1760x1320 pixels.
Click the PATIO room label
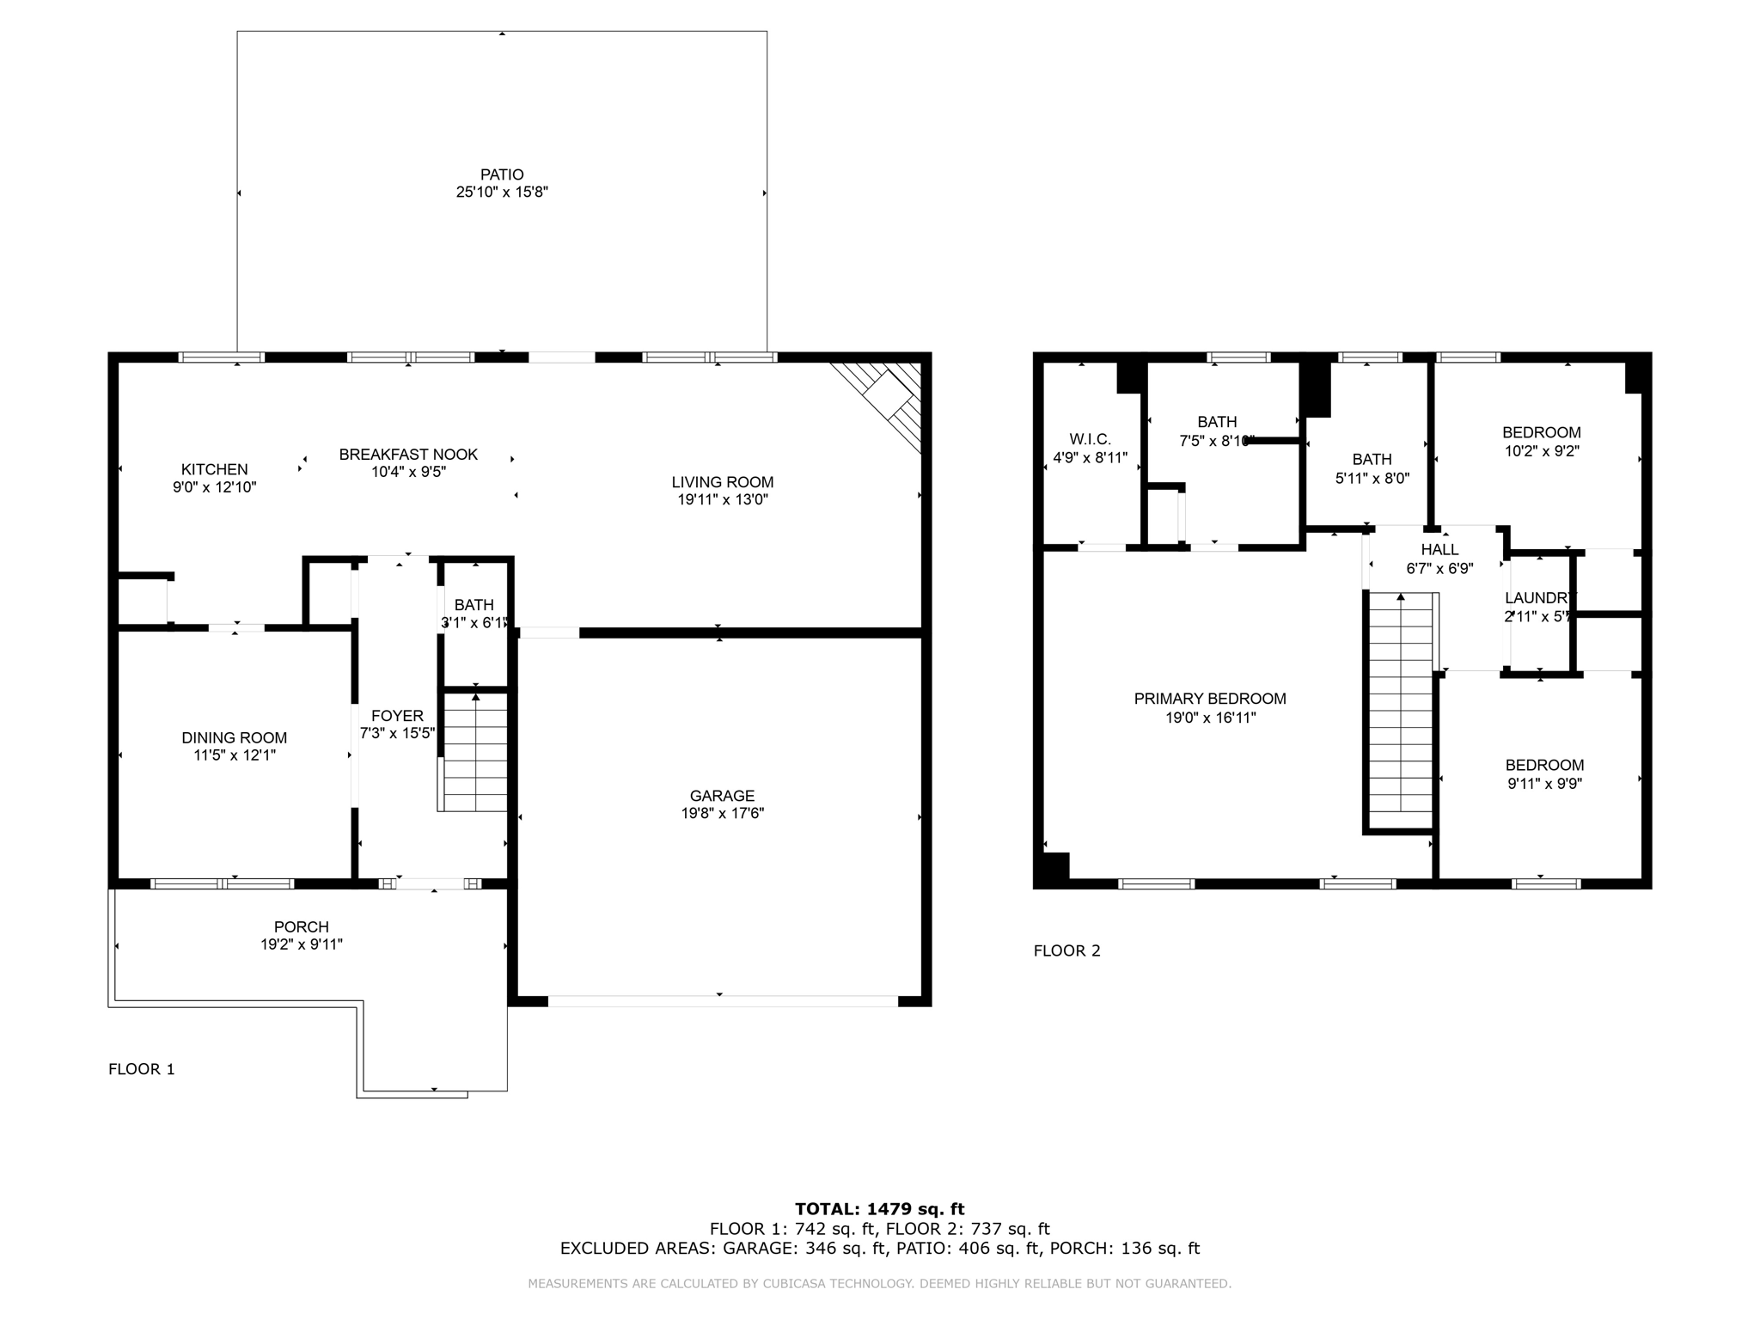tap(502, 174)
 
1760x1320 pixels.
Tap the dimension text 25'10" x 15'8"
tap(502, 192)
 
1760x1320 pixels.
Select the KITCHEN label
tap(214, 469)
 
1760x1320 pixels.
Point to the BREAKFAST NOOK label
tap(408, 454)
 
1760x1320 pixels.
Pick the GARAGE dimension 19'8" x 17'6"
tap(722, 813)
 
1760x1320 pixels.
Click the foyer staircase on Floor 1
tap(474, 753)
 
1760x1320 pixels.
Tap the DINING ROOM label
tap(234, 737)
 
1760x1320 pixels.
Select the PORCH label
tap(301, 926)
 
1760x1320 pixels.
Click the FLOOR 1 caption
tap(141, 1069)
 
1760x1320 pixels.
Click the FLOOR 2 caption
tap(1066, 950)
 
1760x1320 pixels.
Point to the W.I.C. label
tap(1090, 439)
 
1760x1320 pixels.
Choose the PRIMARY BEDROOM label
tap(1210, 699)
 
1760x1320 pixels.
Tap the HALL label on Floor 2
tap(1439, 549)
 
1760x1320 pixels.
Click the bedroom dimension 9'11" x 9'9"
tap(1544, 784)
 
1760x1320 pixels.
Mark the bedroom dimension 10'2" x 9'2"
tap(1541, 450)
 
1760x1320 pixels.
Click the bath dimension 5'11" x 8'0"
tap(1372, 479)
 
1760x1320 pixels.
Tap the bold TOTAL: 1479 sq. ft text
tap(879, 1209)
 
